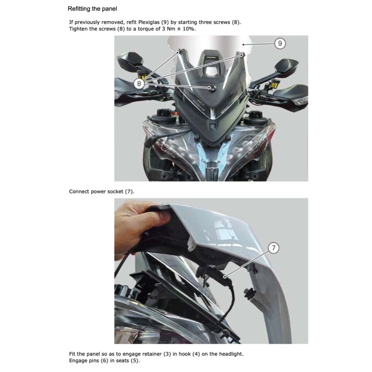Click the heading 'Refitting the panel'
pos(92,8)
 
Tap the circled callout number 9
pos(280,44)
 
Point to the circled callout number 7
pos(274,248)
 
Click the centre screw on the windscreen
pos(210,88)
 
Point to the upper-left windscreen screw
pos(178,51)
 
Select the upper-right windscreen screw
pos(242,54)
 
